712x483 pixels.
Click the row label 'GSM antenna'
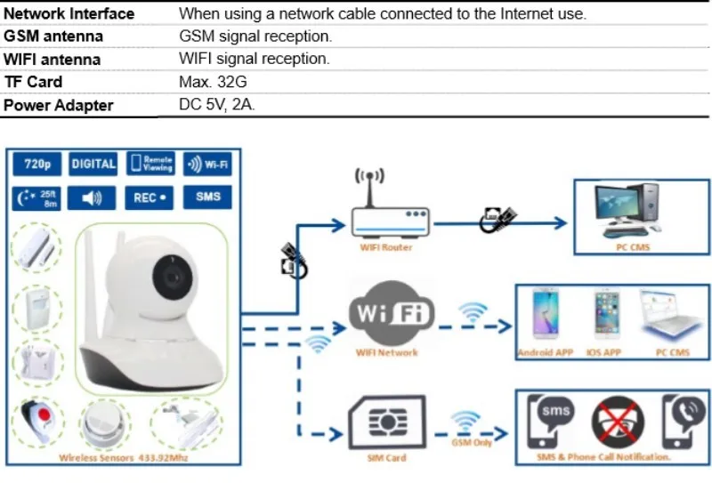point(53,36)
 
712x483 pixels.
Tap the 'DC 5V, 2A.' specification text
point(217,104)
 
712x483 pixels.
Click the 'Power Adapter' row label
point(59,105)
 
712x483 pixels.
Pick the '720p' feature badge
point(36,164)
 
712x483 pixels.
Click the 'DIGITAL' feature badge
point(93,164)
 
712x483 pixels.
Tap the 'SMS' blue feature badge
point(207,197)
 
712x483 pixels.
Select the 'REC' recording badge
point(150,197)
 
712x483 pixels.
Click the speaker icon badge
point(93,197)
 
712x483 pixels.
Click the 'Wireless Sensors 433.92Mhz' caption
point(123,458)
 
